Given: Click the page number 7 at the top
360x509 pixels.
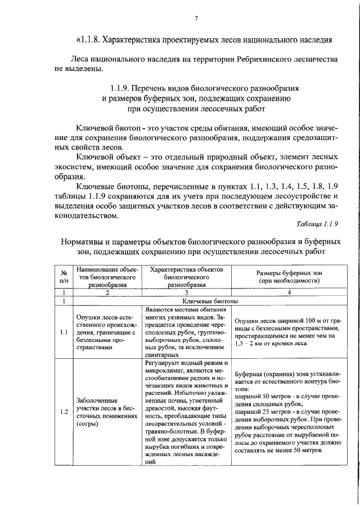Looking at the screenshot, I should (x=197, y=19).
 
